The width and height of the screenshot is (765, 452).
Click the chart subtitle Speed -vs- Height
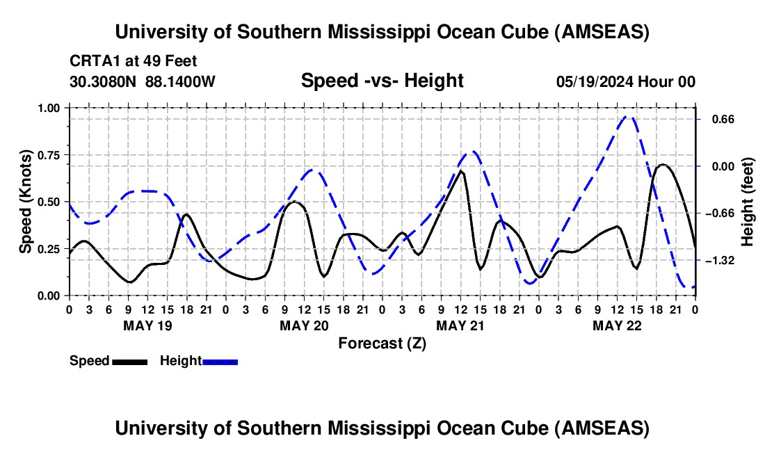tap(382, 81)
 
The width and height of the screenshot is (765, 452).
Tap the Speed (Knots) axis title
tap(26, 202)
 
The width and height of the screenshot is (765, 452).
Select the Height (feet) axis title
tap(748, 202)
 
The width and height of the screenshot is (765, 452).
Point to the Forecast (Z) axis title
tap(382, 343)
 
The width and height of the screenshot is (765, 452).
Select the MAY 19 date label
tap(147, 325)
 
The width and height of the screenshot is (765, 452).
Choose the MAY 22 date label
tap(617, 325)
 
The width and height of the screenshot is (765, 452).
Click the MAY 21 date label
tap(460, 325)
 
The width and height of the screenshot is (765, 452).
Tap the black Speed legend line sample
tap(129, 362)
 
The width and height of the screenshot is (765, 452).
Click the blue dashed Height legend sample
tap(220, 362)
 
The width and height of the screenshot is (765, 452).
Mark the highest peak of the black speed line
tap(663, 164)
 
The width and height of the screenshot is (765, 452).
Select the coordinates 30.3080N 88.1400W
tap(143, 81)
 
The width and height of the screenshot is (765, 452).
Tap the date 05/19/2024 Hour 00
tap(626, 81)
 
